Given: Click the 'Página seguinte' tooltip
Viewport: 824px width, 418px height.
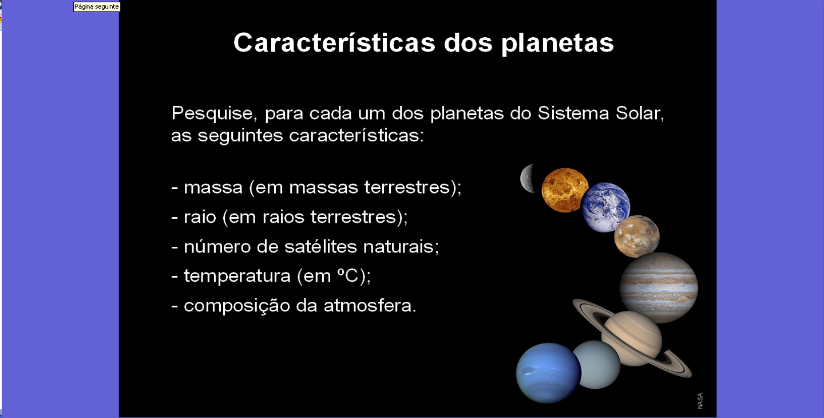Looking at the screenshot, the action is click(97, 7).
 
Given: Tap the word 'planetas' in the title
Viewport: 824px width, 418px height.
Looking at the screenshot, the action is click(557, 44).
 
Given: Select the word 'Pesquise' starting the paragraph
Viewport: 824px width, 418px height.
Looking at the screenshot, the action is click(212, 113).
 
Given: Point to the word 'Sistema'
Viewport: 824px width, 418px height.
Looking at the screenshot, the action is click(573, 113).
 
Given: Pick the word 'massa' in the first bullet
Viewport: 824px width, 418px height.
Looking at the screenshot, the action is click(213, 188).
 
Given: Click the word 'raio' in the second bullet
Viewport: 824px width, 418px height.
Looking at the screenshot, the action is click(200, 216).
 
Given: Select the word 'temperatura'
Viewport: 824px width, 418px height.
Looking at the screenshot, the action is click(237, 276).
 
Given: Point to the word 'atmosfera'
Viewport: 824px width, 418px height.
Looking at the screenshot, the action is click(370, 305).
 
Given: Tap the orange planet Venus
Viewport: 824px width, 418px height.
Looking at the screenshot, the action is click(564, 190).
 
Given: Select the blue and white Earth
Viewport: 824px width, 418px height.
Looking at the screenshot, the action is click(605, 207).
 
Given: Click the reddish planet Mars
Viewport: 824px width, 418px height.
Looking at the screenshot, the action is click(637, 236).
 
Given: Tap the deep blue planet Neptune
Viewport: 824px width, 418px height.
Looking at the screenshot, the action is click(548, 373).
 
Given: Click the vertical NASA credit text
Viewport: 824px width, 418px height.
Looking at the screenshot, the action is click(700, 401).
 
